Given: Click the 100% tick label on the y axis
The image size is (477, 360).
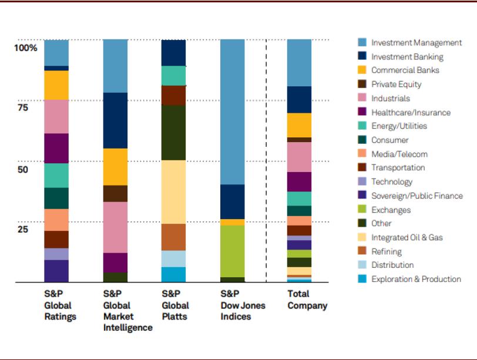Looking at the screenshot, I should [26, 48].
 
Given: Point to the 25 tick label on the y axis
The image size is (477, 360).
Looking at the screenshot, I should [22, 229].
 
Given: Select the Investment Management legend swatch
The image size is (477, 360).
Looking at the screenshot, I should [362, 42].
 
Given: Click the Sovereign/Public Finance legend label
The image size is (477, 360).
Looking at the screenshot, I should [416, 196].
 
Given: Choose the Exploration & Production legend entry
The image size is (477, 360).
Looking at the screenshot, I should [416, 279].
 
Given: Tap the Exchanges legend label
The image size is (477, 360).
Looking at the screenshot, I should [391, 210].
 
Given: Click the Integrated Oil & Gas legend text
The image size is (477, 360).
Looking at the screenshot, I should [407, 237].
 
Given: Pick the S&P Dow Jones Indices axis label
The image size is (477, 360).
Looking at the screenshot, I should [243, 305].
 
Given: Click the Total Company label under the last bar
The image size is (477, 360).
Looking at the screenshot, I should [307, 300].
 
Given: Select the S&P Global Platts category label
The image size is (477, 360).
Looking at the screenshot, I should [175, 305].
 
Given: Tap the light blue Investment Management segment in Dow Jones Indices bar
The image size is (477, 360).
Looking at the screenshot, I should [233, 112].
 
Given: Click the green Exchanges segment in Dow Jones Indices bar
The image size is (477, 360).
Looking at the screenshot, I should [233, 251].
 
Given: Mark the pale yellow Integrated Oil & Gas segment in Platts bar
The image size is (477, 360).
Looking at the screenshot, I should [174, 191].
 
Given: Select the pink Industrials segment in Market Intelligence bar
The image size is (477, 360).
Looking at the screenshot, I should [115, 227].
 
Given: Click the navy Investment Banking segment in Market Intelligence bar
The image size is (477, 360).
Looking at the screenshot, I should [115, 120].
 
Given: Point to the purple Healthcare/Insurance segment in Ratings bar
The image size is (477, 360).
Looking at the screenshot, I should [56, 148].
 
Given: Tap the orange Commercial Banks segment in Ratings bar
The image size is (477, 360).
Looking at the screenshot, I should [56, 85].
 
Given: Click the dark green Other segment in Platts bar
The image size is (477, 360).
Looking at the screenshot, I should [174, 132].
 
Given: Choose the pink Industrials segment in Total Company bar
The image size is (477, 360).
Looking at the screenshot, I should [299, 157].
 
